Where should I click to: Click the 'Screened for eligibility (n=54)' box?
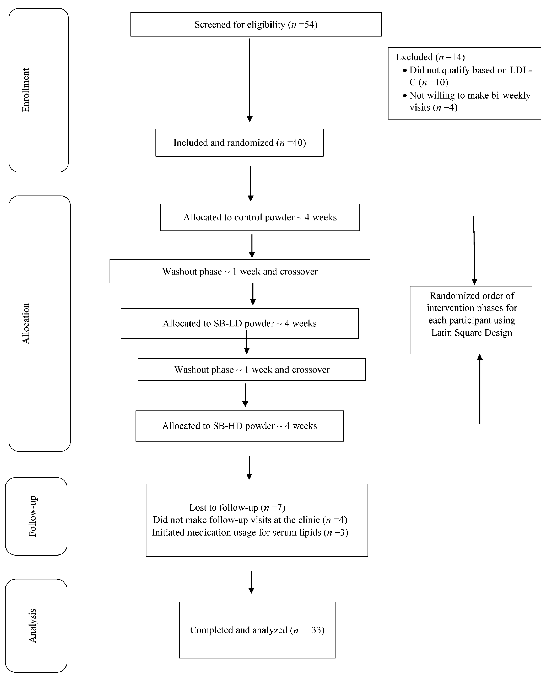pos(256,24)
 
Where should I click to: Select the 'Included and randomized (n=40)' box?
pos(240,143)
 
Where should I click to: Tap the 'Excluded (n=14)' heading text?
pos(430,57)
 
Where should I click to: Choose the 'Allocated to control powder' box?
pos(260,217)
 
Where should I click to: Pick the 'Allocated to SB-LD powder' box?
pos(240,323)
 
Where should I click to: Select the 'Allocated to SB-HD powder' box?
pos(240,426)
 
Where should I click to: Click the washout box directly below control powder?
pos(240,271)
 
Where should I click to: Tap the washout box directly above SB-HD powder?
pos(252,369)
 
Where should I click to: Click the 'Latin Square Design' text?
pos(471,332)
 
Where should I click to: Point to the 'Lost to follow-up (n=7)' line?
pos(237,507)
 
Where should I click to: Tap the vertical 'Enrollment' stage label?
pos(26,90)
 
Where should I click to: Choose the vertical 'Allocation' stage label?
pos(26,323)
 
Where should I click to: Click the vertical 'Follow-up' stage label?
pos(32,516)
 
